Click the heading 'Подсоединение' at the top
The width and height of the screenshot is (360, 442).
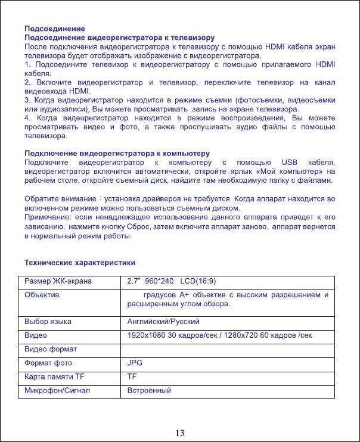click(54, 29)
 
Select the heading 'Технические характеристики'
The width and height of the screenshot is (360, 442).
click(79, 262)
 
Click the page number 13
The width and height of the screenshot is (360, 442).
click(179, 432)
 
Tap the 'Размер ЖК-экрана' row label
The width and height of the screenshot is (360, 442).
click(58, 281)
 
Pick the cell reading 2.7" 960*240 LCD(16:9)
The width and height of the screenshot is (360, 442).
click(178, 281)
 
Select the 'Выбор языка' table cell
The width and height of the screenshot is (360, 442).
click(48, 322)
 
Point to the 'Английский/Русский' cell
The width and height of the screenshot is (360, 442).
click(161, 322)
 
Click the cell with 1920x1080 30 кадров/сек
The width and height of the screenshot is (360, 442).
click(220, 335)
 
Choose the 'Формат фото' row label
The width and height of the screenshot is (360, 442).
click(48, 363)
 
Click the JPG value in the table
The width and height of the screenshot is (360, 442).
click(135, 363)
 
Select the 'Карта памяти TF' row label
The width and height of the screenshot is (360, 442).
click(55, 376)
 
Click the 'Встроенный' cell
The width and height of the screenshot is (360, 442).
click(150, 391)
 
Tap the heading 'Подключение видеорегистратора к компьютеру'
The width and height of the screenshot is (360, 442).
click(117, 154)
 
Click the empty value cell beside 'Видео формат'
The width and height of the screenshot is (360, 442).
click(229, 349)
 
